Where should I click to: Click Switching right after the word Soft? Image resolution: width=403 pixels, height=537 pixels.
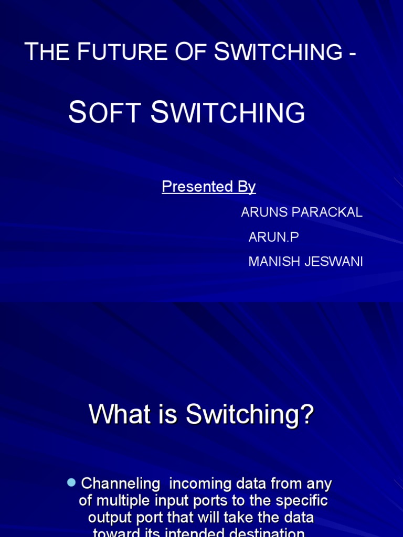[x=228, y=113]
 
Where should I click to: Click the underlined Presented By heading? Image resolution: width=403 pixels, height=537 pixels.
[x=208, y=187]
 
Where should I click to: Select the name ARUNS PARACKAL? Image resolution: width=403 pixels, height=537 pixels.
[x=301, y=212]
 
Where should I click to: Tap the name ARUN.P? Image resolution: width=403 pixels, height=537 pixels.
[x=273, y=237]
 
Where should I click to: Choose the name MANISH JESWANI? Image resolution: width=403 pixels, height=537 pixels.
[x=305, y=262]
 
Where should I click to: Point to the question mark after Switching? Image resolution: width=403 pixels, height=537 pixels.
[x=306, y=415]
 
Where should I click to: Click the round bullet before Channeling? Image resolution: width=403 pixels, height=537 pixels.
[x=72, y=482]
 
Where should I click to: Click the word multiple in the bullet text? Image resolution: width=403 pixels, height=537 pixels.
[x=119, y=501]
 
